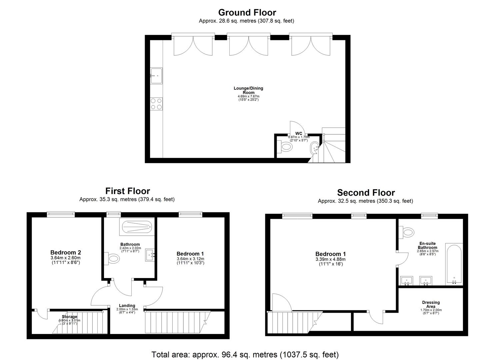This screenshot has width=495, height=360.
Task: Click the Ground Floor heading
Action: [247, 13]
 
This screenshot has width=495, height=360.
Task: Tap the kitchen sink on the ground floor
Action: [156, 76]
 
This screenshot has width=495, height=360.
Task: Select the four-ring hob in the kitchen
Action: [156, 104]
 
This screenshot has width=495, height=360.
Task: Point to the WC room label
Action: [299, 133]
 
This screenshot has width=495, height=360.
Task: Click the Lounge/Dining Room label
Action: [248, 90]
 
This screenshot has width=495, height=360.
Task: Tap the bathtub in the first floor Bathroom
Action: [137, 227]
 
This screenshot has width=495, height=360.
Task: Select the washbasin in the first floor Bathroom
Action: [150, 255]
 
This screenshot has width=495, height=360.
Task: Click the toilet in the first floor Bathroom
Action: [112, 258]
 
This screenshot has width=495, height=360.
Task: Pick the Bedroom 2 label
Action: [66, 252]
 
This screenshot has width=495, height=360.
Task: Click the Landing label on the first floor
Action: [127, 306]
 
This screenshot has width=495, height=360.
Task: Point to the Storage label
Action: [69, 317]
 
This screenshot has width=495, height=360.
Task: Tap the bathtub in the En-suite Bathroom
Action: [454, 264]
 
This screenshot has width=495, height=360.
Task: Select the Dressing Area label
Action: [431, 304]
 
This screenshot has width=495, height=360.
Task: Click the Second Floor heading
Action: [366, 193]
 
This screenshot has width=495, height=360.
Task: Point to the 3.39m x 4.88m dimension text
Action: [330, 259]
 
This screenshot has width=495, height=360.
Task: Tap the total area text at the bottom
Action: [245, 355]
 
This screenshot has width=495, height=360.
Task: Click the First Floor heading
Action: [128, 191]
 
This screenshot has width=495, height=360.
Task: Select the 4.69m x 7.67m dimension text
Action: [248, 96]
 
